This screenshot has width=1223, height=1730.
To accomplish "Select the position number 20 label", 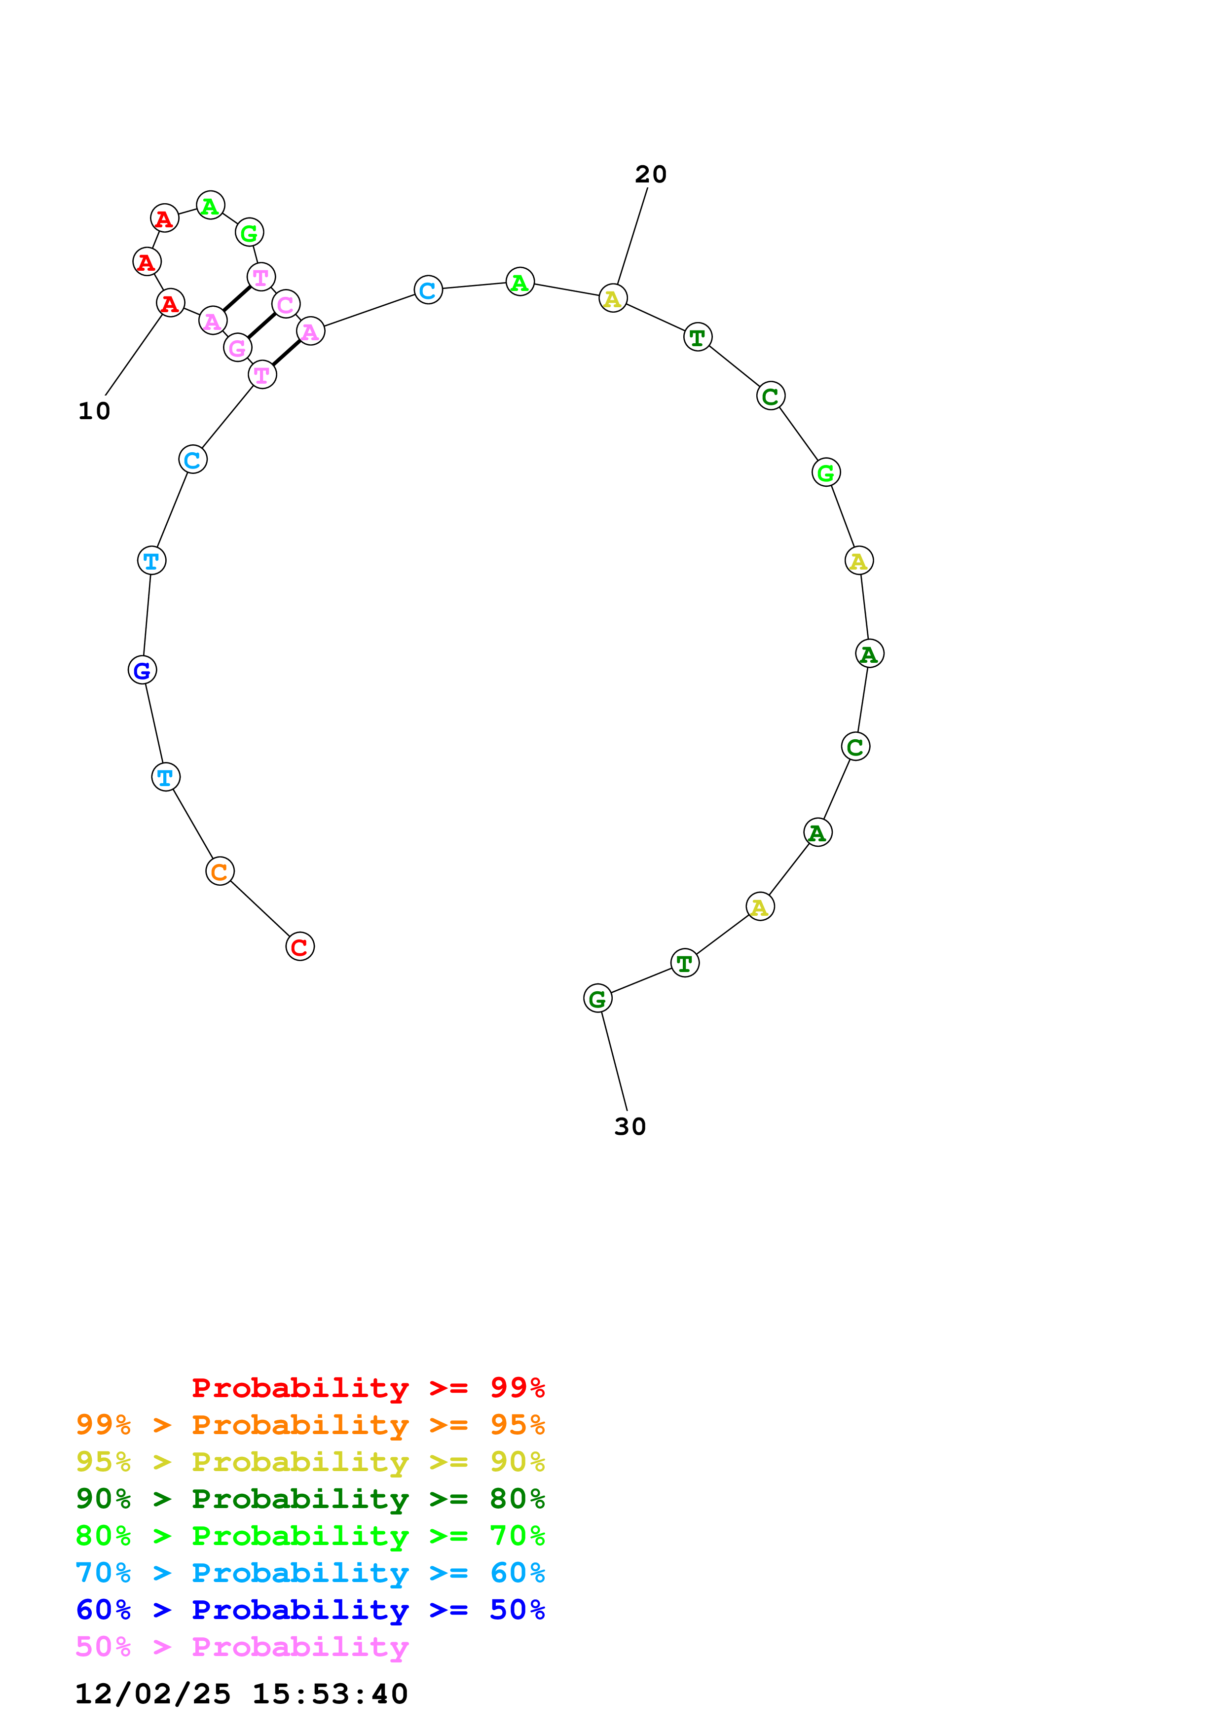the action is tap(650, 174).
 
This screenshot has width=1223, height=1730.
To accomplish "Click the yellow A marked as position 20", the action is tap(613, 298).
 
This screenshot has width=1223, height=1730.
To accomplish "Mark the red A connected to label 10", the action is tap(170, 303).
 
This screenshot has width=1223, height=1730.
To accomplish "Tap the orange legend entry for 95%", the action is tap(310, 1424).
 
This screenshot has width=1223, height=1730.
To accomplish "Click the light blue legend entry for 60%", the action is tap(310, 1573).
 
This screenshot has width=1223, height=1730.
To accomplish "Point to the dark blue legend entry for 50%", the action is tap(310, 1610).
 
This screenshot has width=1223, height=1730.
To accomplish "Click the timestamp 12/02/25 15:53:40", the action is tap(241, 1694).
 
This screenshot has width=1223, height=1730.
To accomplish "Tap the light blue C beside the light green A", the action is tap(428, 290).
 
